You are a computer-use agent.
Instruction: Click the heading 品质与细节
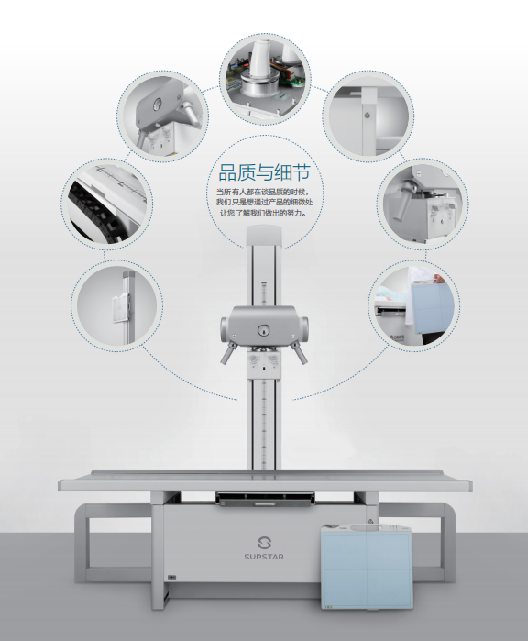coord(264,172)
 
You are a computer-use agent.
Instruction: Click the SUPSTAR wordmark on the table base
coord(264,557)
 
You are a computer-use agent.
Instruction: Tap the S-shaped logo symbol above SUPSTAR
coord(264,543)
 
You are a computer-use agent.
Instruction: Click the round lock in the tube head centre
coord(264,330)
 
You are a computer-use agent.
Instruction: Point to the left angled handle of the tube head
coord(228,353)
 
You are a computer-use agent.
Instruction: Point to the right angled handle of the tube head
coord(299,353)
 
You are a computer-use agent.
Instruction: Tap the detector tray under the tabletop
coord(265,499)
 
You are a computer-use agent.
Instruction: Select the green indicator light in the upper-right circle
coord(367,116)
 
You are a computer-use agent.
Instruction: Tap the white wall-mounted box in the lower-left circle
coord(121,309)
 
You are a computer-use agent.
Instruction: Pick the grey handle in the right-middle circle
coord(403,200)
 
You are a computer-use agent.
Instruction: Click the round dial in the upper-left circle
coord(156,105)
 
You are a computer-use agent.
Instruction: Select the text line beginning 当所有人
coord(264,193)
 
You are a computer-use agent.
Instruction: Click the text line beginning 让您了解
coord(264,213)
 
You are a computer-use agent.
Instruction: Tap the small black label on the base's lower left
coord(171,577)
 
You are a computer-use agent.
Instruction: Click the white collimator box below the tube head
coord(264,365)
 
